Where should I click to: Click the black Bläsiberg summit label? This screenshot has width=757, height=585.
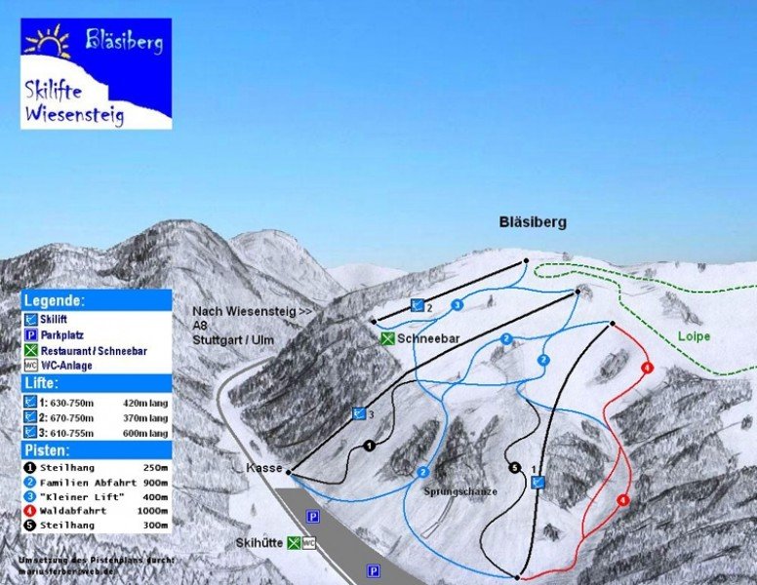pos(531,222)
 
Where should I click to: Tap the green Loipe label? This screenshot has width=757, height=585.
pos(694,336)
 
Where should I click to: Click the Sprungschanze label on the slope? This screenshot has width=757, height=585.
pos(460,492)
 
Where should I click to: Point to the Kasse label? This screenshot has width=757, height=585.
pos(264,469)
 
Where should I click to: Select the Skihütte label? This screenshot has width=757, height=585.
pos(258,542)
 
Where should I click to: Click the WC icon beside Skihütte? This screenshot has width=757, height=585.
pos(309,543)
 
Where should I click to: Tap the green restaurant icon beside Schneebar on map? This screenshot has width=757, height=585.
pos(387,338)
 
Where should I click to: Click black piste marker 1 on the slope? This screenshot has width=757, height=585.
pos(369,446)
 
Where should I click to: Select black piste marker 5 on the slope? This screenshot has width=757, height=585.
pos(515,468)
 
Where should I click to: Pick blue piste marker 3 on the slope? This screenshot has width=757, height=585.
pos(457,305)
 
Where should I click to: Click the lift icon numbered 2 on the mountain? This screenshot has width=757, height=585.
pos(418,306)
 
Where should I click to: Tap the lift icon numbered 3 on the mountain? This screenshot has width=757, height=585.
pos(359,413)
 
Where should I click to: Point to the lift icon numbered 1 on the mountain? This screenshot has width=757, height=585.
pos(537,482)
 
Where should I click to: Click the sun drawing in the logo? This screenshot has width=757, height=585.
pos(48,42)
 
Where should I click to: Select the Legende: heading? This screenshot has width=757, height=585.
pos(55,301)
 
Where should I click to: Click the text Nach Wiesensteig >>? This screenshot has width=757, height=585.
pos(252,311)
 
